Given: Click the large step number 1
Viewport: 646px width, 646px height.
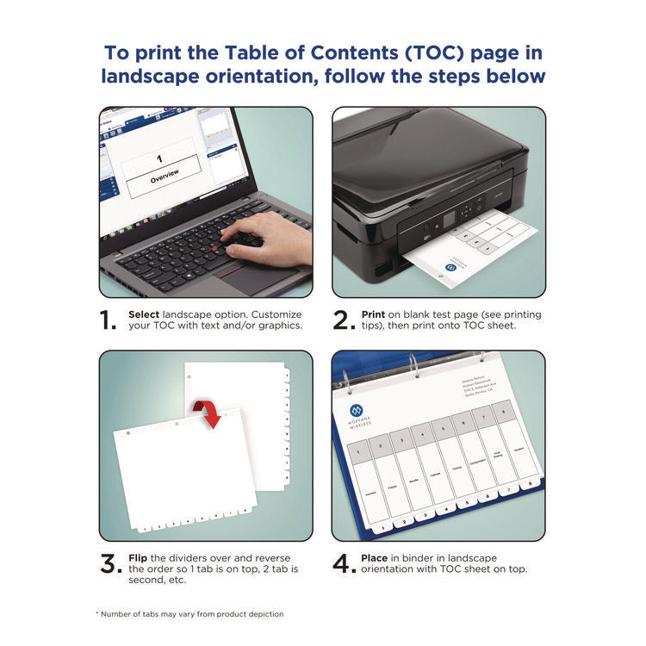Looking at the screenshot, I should [108, 320].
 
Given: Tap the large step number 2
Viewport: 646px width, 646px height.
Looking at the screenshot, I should [342, 320].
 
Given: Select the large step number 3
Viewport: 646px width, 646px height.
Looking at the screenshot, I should [109, 564].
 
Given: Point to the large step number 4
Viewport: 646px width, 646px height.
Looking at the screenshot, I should [343, 564].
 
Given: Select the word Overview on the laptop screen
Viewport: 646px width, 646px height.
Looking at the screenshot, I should [165, 177].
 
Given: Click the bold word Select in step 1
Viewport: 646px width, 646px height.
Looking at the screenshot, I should [144, 314].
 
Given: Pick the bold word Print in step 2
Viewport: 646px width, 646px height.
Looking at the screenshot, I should [373, 314].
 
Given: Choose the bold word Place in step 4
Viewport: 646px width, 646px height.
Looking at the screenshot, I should [376, 558].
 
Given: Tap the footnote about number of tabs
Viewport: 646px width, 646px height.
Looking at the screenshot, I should [189, 614].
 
